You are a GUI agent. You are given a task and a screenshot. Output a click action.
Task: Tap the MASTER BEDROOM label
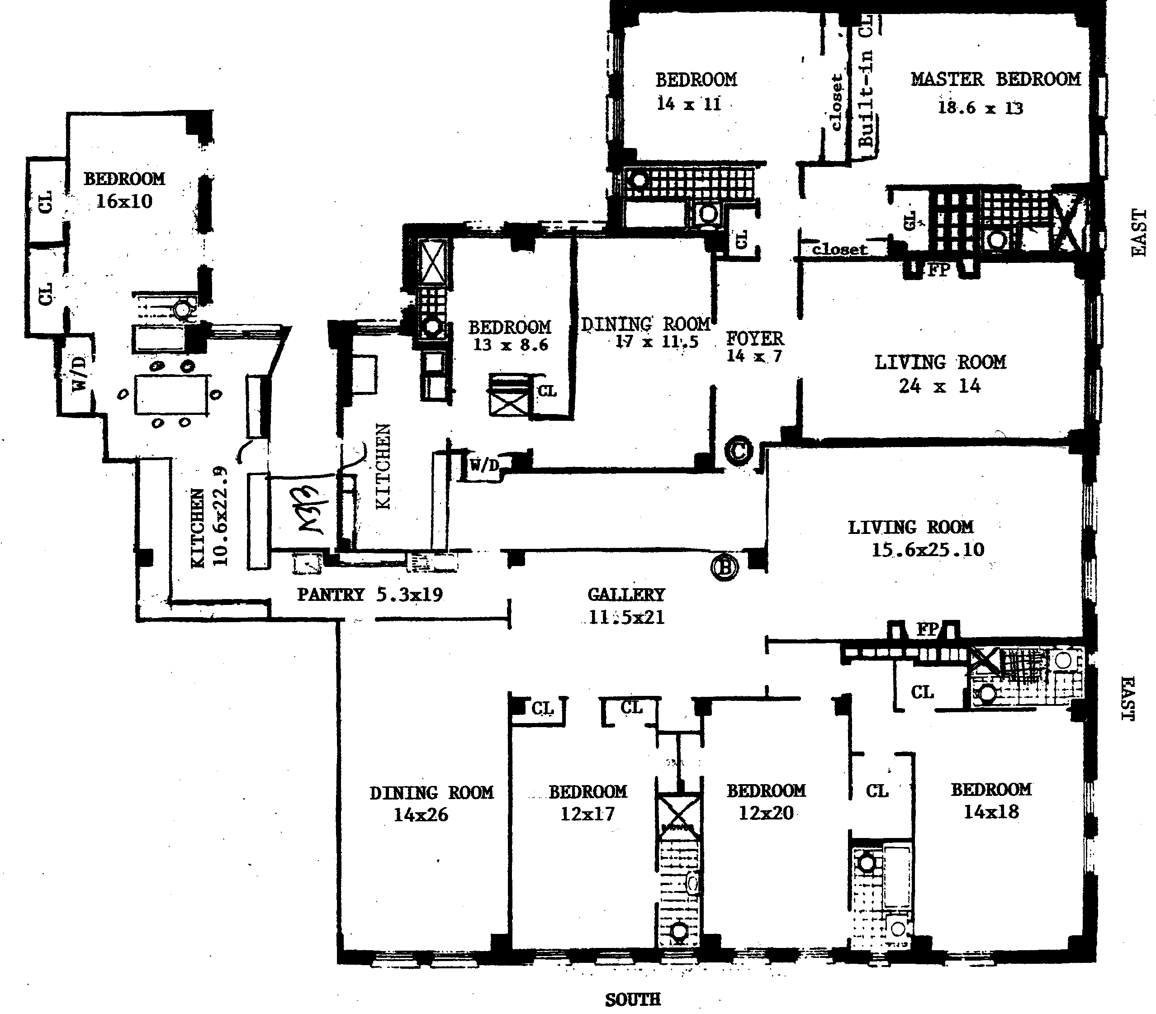[x=995, y=79]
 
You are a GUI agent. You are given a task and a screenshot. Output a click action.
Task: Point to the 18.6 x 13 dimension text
[x=980, y=108]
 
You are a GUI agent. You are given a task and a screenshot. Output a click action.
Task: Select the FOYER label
[x=754, y=338]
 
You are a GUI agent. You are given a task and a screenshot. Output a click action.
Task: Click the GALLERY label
[x=626, y=594]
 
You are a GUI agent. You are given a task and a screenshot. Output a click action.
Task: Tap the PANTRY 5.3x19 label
[x=370, y=594]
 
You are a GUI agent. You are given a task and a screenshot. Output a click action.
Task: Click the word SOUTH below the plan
[x=633, y=999]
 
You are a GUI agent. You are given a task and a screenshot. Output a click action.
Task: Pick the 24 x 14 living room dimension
[x=939, y=386]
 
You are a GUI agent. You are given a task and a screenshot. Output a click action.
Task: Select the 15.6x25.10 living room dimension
[x=928, y=549]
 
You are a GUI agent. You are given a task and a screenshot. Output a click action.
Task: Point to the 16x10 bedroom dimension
[x=124, y=201]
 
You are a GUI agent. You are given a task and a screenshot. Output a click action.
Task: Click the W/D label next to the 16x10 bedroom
[x=80, y=373]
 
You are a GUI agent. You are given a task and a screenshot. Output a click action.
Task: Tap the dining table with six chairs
[x=171, y=395]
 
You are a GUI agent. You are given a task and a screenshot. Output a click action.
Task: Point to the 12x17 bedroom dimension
[x=587, y=814]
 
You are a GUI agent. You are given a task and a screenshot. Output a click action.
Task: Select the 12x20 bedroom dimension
[x=766, y=813]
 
